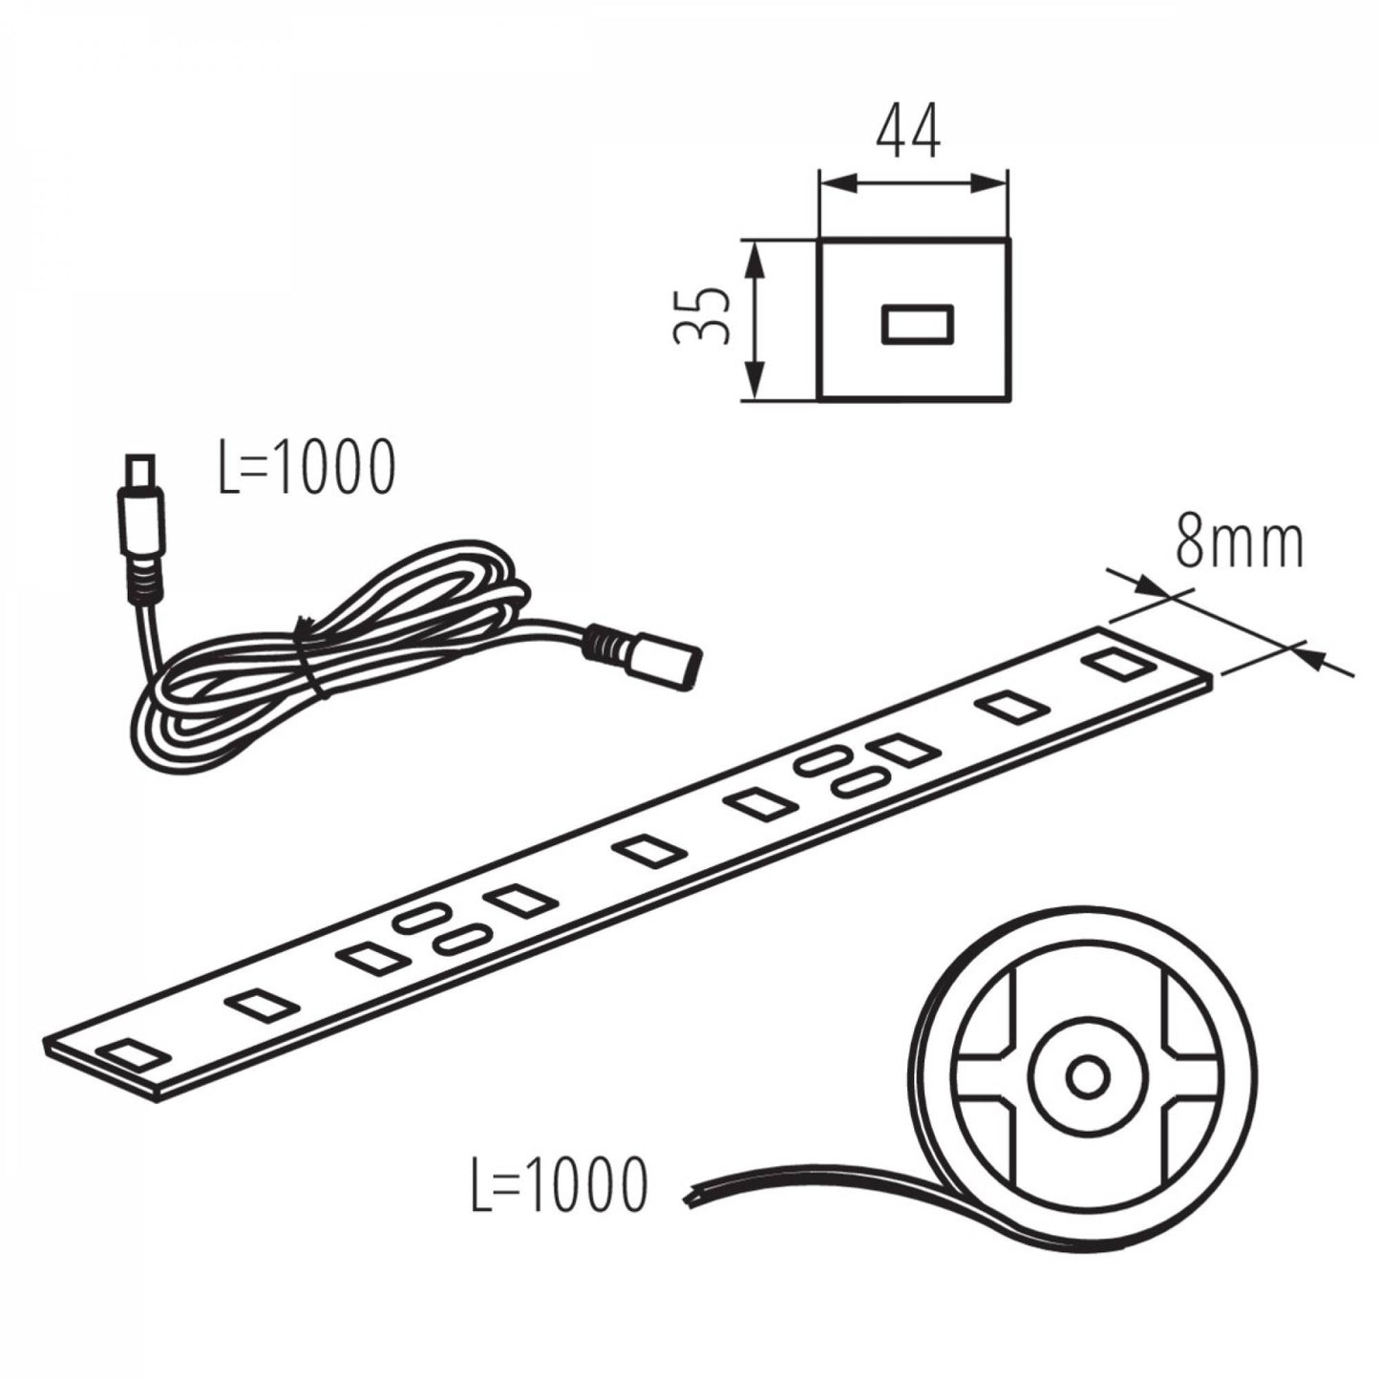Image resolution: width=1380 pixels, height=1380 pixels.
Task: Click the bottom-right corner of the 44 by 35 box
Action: point(1008,398)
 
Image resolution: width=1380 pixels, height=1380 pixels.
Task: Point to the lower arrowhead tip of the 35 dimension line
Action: point(754,398)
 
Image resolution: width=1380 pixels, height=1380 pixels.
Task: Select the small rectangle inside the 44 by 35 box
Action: point(917,326)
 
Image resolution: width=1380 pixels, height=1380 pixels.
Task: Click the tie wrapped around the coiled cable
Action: point(310,653)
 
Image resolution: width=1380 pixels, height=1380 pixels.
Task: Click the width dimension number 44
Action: point(907,131)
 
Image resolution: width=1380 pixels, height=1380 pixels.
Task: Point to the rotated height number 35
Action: point(702,316)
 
